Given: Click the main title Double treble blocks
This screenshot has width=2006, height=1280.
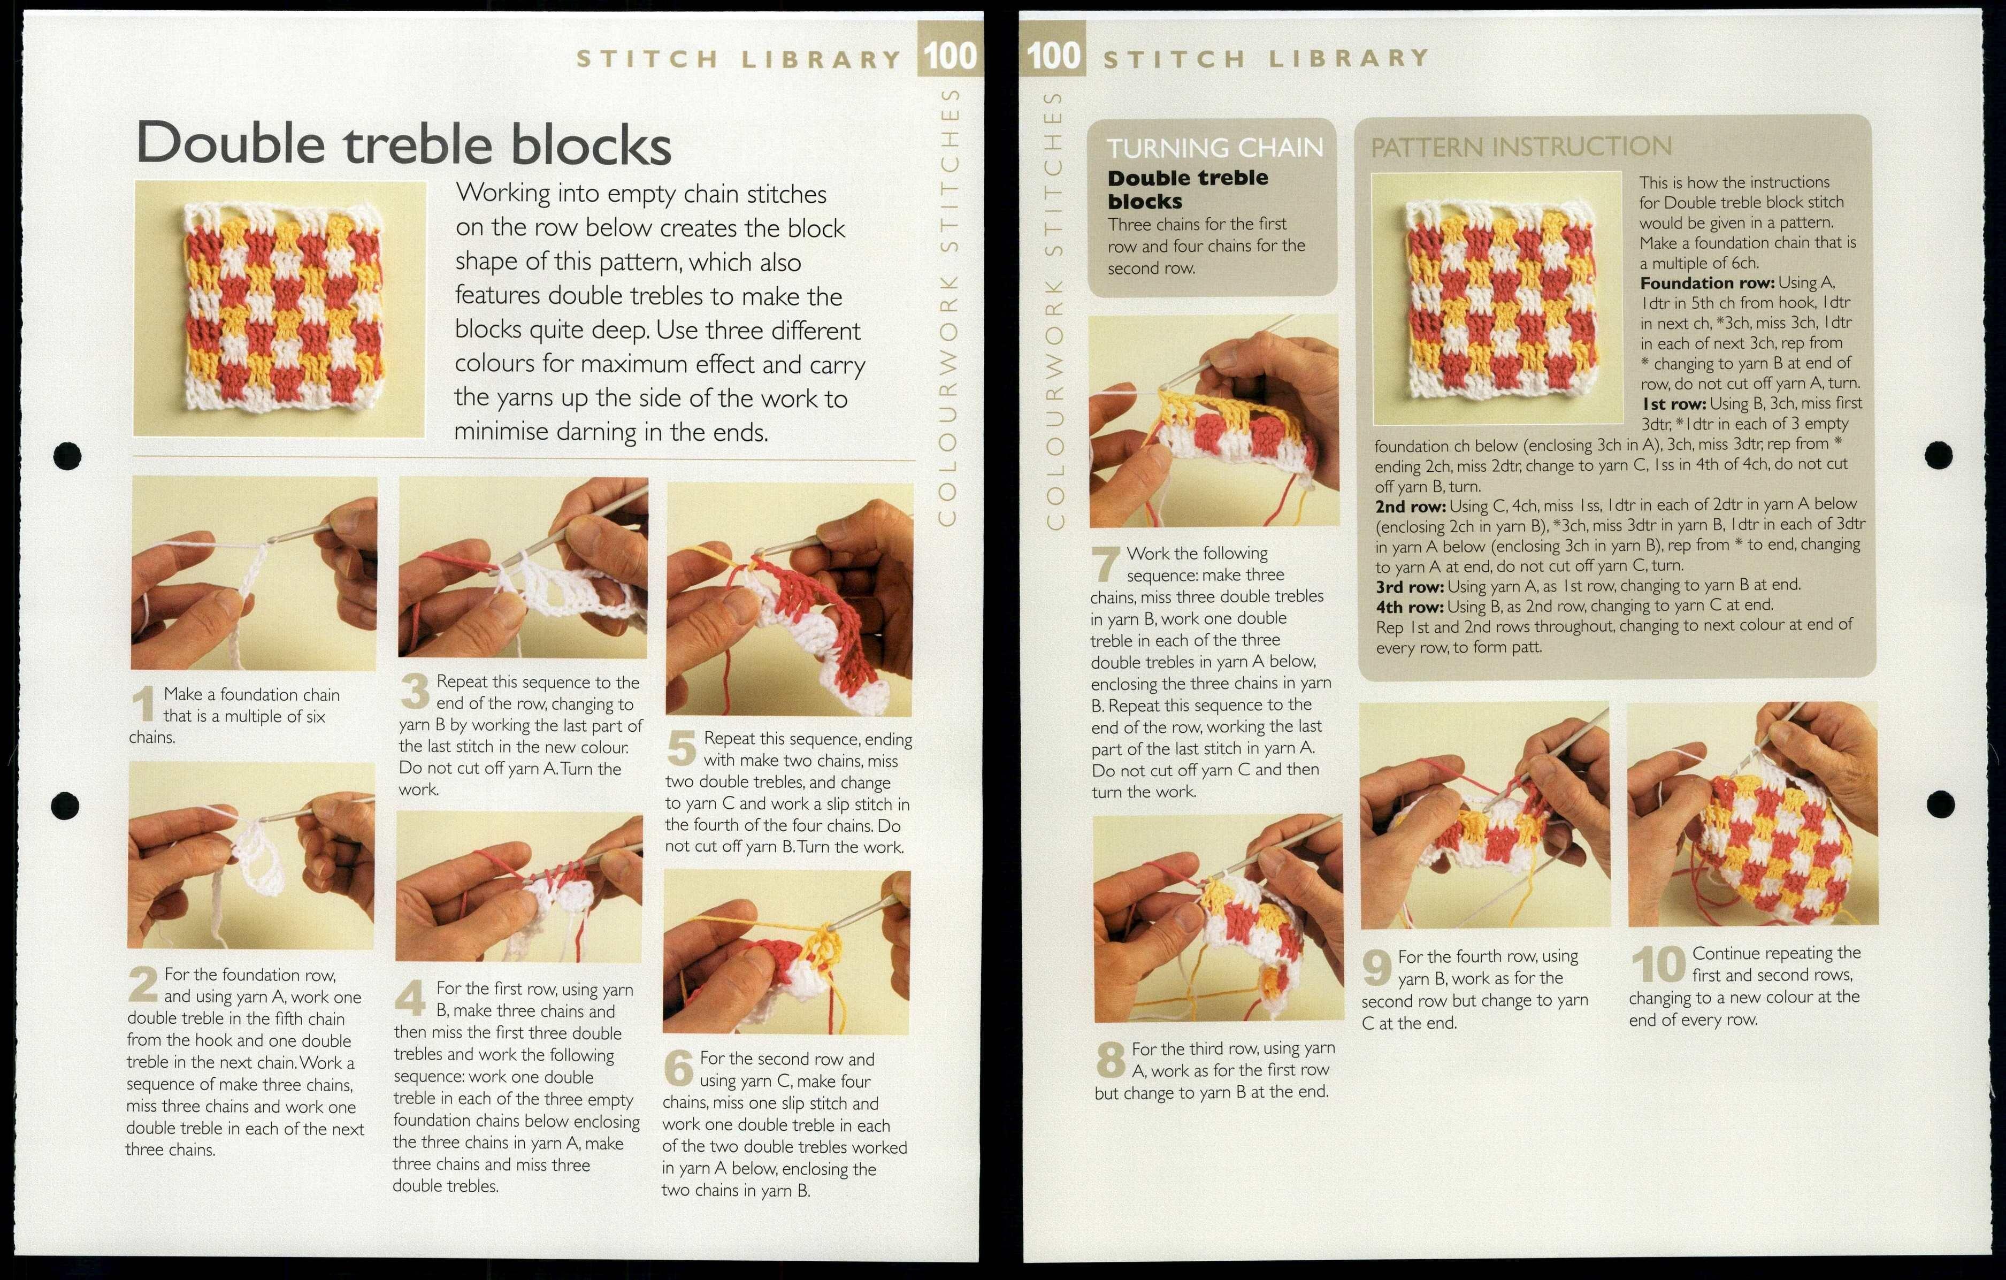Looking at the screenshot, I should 403,143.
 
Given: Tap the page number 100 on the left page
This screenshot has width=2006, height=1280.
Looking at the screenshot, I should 950,56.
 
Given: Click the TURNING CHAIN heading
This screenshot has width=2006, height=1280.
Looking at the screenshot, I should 1214,148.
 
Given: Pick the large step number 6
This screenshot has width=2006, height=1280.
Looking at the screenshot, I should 679,1069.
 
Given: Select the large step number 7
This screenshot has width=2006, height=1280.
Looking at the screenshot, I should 1106,564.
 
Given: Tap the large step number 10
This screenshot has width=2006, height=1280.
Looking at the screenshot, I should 1658,965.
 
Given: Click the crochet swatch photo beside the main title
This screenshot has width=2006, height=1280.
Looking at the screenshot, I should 279,308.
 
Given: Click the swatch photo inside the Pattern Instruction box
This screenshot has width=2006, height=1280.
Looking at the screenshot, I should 1496,298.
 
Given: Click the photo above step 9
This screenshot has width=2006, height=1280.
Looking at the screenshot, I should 1484,816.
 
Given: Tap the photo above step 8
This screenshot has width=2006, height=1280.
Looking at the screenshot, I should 1217,918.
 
